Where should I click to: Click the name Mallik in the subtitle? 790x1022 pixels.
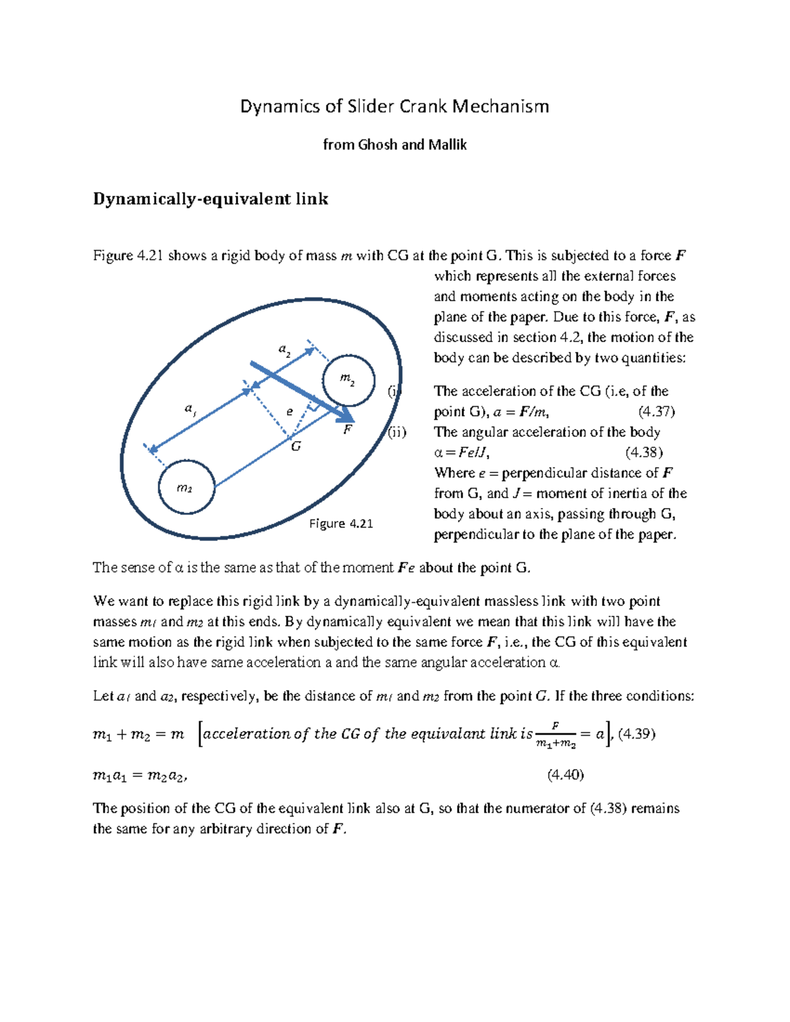tap(447, 145)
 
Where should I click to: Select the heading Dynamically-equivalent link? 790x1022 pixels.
tap(210, 199)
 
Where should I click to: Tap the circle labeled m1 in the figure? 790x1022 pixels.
tap(186, 488)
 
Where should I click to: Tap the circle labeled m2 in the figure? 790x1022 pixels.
tap(348, 380)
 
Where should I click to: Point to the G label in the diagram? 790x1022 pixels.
tap(296, 447)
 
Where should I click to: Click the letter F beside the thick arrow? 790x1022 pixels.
tap(348, 430)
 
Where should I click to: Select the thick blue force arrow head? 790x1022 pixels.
tap(346, 415)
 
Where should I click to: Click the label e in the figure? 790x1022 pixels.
tap(290, 412)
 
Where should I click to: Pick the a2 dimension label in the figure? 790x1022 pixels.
tap(284, 349)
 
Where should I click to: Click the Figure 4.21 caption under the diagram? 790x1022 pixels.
tap(341, 524)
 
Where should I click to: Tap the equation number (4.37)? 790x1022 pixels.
tap(656, 412)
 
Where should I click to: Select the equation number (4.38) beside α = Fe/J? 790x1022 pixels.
tap(644, 453)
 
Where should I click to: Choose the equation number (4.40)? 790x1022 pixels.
tap(566, 775)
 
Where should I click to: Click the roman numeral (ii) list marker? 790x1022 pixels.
tap(396, 432)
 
